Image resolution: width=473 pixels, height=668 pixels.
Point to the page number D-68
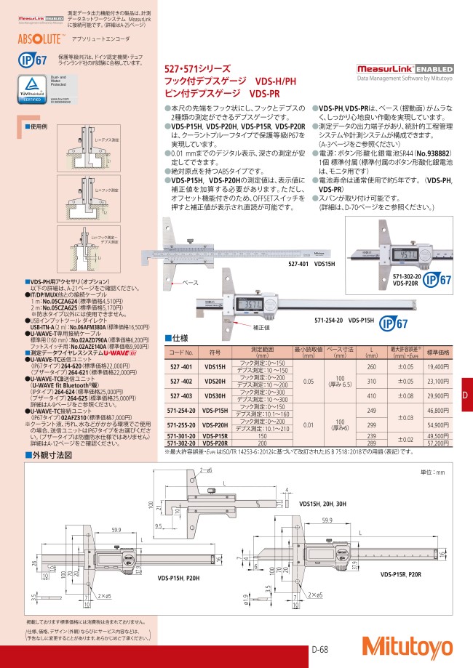(322, 649)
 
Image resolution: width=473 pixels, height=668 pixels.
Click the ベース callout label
(190, 281)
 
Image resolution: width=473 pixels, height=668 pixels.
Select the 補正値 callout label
(262, 328)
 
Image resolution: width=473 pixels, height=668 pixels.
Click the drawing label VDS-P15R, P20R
(402, 574)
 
